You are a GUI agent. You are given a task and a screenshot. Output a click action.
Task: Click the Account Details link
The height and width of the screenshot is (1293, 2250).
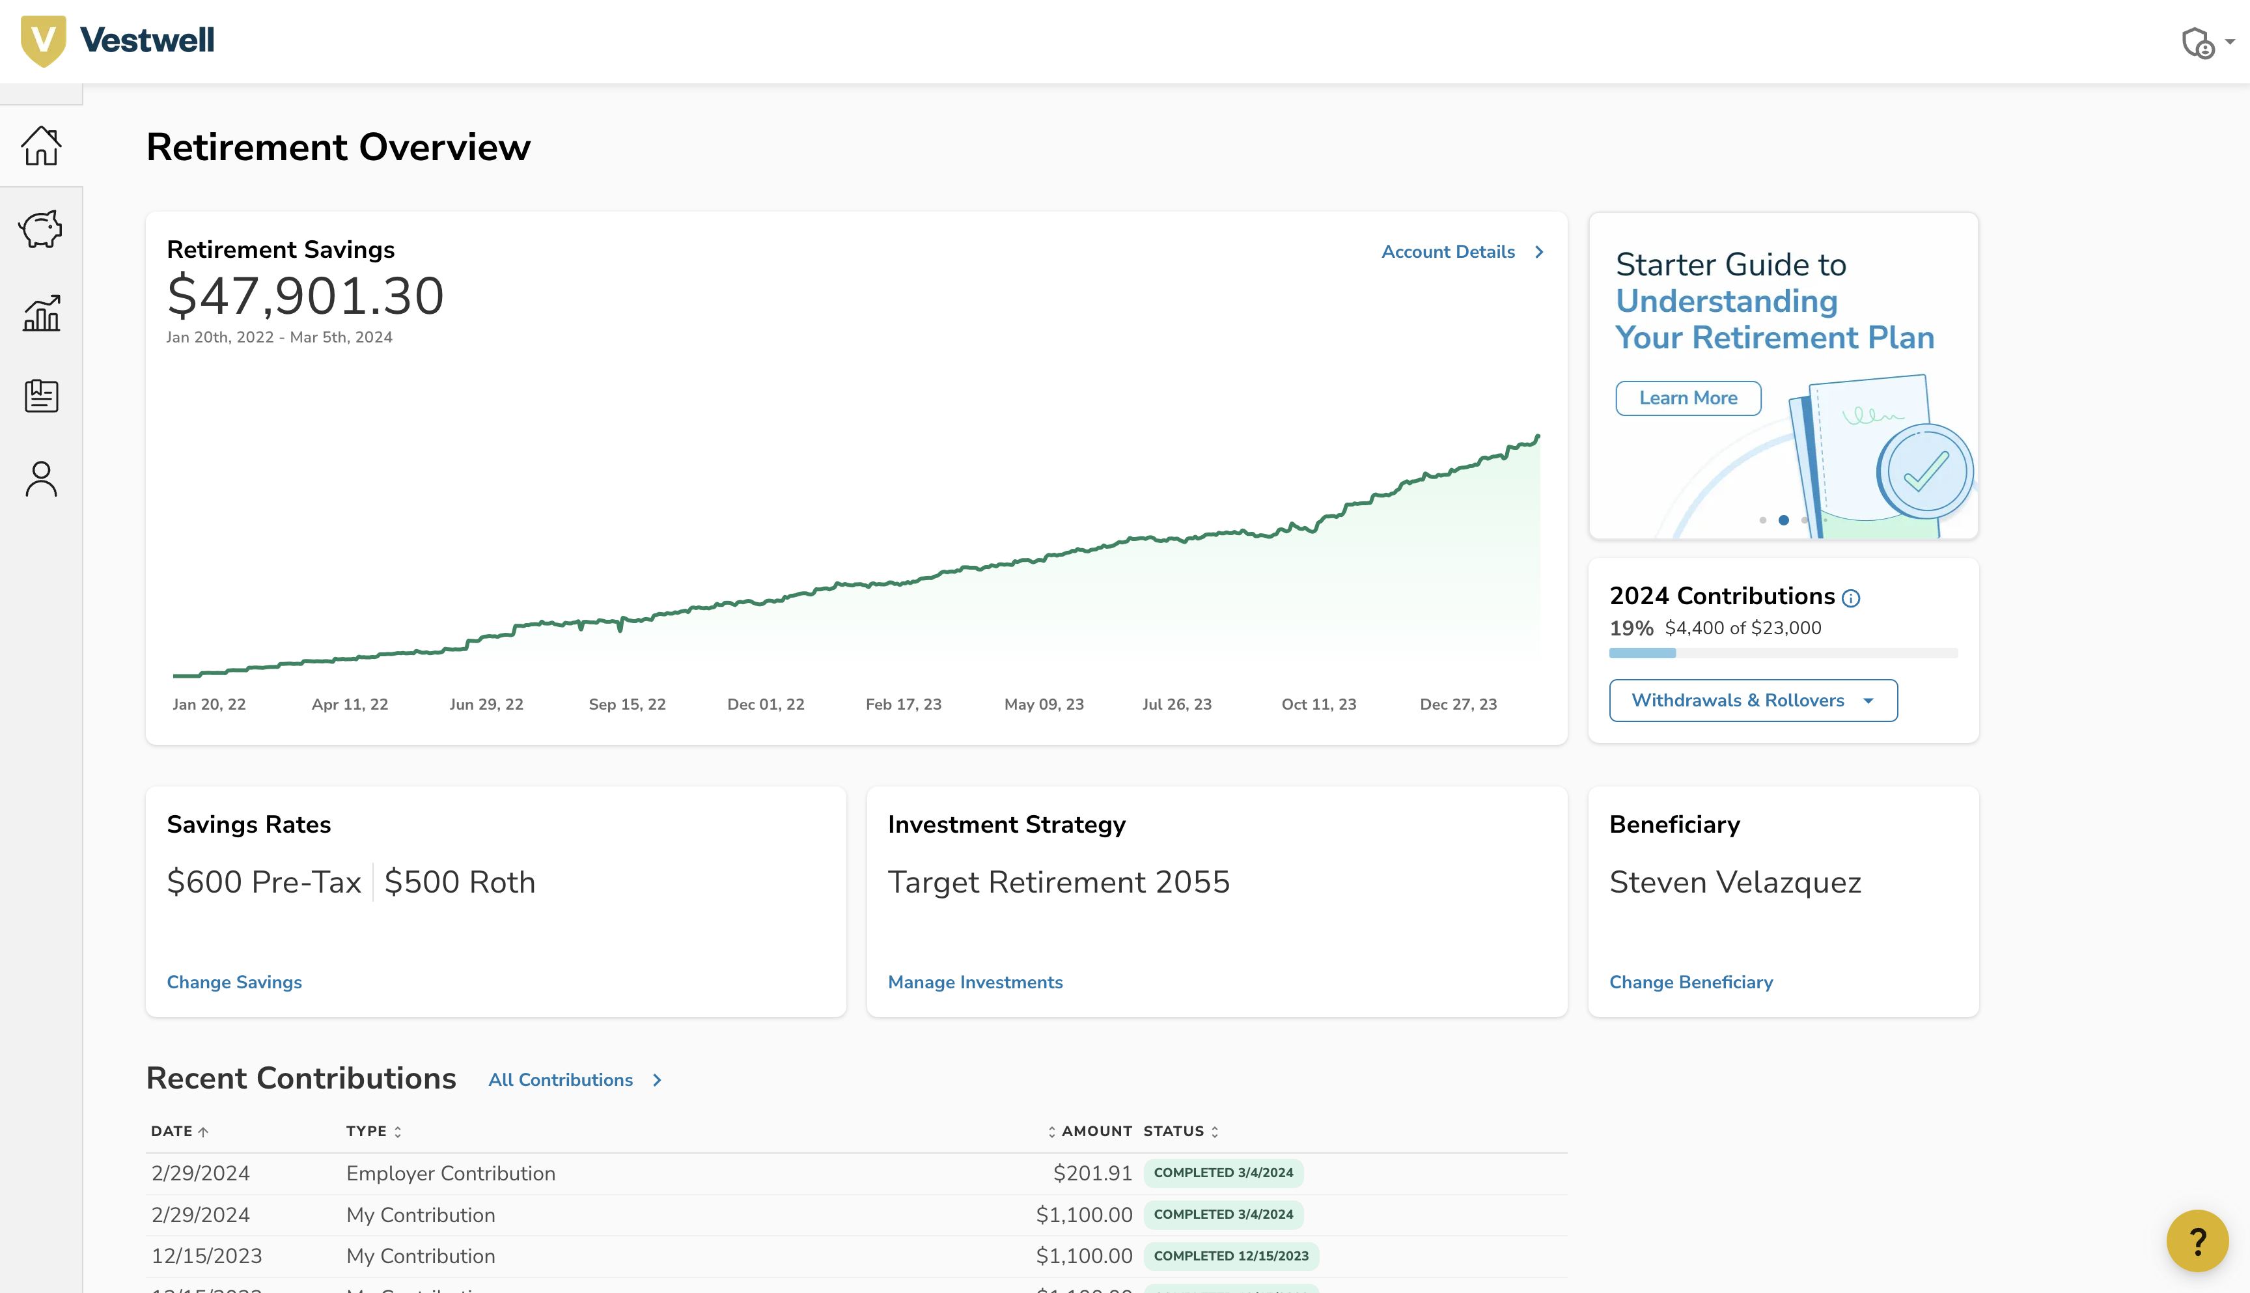(1461, 252)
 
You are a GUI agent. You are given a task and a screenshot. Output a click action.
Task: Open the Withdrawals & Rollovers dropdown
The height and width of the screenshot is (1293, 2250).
(1753, 701)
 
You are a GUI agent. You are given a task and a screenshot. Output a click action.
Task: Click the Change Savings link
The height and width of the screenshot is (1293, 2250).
(234, 982)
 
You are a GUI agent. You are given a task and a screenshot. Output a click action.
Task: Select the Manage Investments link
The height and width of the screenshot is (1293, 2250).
(975, 982)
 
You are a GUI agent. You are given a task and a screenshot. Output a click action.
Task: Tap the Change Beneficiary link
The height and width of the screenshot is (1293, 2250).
(1691, 982)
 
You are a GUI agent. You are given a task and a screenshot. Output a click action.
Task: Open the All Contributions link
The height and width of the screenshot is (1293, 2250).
(574, 1080)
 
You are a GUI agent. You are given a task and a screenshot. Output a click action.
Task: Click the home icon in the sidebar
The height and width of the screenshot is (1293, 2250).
(41, 146)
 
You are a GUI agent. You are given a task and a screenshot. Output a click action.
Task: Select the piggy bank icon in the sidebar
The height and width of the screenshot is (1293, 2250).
(41, 229)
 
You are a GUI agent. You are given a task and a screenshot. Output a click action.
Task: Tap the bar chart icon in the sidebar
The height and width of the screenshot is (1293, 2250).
(41, 313)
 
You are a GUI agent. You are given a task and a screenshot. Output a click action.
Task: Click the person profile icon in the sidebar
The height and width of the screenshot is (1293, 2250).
(41, 480)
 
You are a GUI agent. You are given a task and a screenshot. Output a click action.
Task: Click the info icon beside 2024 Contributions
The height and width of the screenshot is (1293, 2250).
(1850, 598)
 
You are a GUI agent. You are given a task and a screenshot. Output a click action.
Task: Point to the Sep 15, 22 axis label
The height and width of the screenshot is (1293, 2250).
(627, 704)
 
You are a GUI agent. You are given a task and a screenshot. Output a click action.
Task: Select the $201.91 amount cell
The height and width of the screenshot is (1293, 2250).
(1092, 1173)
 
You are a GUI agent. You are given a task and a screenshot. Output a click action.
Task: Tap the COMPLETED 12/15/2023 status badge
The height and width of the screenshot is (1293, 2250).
(1230, 1256)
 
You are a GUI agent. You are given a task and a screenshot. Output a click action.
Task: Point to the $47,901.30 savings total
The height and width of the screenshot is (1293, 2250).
(305, 296)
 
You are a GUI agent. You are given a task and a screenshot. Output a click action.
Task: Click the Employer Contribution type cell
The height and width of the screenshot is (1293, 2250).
(450, 1173)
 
